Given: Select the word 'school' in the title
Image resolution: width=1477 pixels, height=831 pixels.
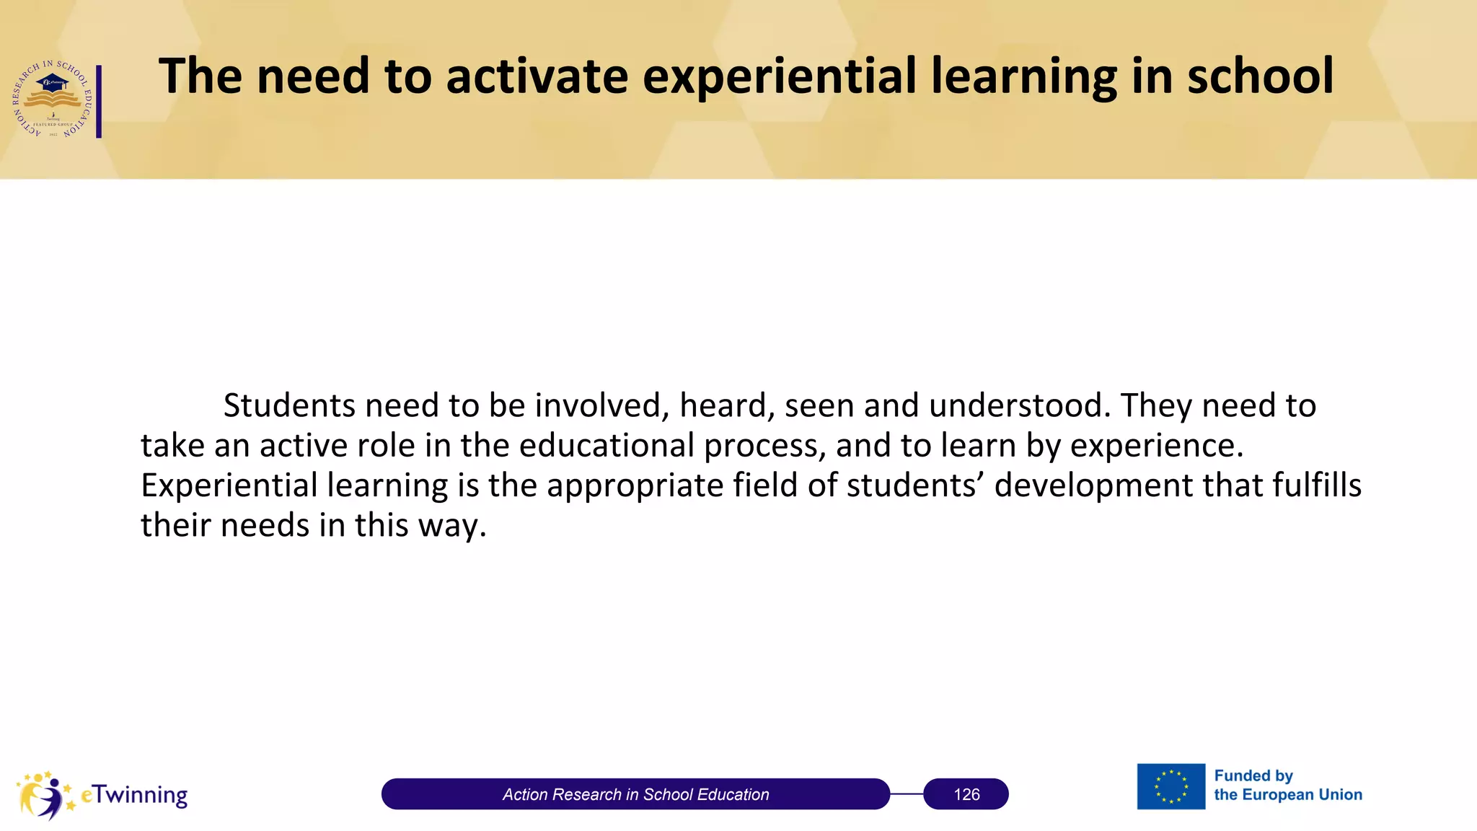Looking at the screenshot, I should coord(1260,76).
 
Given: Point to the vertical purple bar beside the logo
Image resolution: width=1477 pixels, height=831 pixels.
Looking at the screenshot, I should coord(99,101).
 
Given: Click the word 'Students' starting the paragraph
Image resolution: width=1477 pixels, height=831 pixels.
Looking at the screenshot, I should coord(288,405).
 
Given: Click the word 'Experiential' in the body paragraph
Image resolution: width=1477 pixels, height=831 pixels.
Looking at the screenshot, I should coord(229,485).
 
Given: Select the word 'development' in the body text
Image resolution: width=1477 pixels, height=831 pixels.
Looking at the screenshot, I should coord(1093,485).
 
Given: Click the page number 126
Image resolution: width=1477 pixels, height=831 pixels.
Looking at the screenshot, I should coord(966,794).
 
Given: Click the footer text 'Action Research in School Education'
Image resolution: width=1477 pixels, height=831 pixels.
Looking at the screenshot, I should coord(635,794).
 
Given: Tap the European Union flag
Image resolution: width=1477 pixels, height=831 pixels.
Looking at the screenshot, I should coord(1170,786).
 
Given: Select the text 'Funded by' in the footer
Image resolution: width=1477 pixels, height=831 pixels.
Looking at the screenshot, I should coord(1253,776).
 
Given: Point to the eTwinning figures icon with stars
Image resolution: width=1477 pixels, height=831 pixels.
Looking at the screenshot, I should coord(45,795).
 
